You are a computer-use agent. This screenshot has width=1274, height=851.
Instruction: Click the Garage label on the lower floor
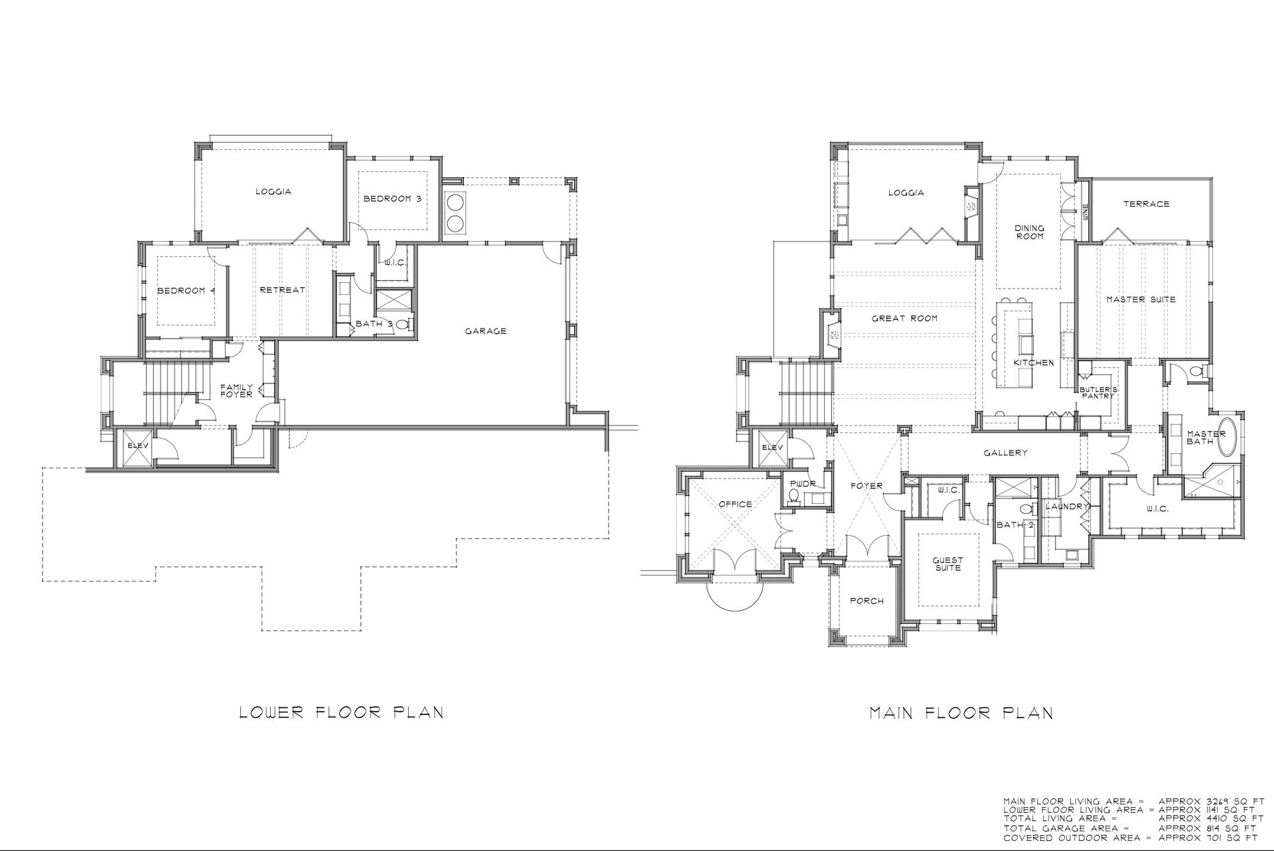(x=486, y=331)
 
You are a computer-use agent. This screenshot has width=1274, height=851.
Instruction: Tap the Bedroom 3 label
(x=392, y=198)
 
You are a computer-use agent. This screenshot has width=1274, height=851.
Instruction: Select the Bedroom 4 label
(x=186, y=290)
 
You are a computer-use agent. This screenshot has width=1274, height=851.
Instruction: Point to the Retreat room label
(x=283, y=290)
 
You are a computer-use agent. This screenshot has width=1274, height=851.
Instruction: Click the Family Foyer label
(x=237, y=390)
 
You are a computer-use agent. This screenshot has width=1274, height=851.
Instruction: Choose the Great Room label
(x=905, y=319)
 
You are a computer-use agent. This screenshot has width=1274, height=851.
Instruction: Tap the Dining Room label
(x=1029, y=232)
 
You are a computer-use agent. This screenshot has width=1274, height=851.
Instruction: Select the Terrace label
(x=1147, y=204)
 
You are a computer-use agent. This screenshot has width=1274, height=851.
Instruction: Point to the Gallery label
(x=1006, y=453)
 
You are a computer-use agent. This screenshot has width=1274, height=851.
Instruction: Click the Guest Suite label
(x=948, y=564)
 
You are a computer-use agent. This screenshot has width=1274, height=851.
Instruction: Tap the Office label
(x=735, y=504)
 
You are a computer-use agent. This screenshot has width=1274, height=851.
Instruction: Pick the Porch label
(x=867, y=601)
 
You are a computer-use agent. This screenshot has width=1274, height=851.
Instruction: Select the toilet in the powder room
(x=794, y=496)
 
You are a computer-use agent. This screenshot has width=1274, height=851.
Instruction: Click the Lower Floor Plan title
(x=341, y=713)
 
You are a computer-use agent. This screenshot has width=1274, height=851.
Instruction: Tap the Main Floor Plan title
(x=961, y=713)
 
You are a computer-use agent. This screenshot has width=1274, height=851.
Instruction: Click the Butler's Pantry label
(x=1099, y=392)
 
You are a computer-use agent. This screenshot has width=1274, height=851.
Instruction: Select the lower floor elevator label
(x=138, y=445)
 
